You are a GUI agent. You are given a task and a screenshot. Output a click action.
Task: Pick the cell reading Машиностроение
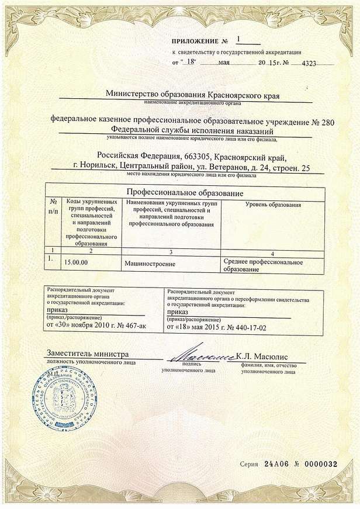coord(150,264)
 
